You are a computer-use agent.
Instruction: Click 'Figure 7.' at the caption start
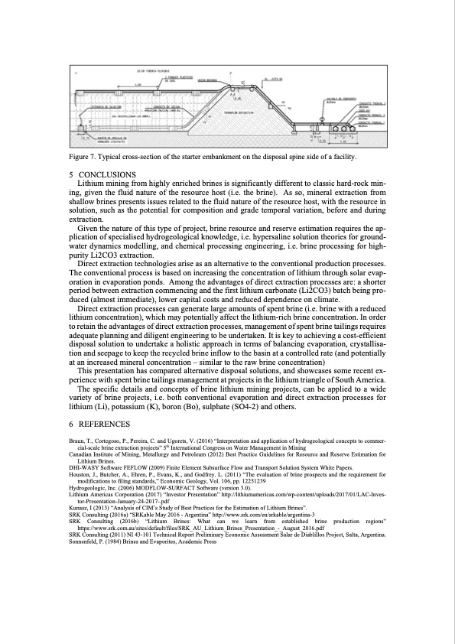pos(81,157)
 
